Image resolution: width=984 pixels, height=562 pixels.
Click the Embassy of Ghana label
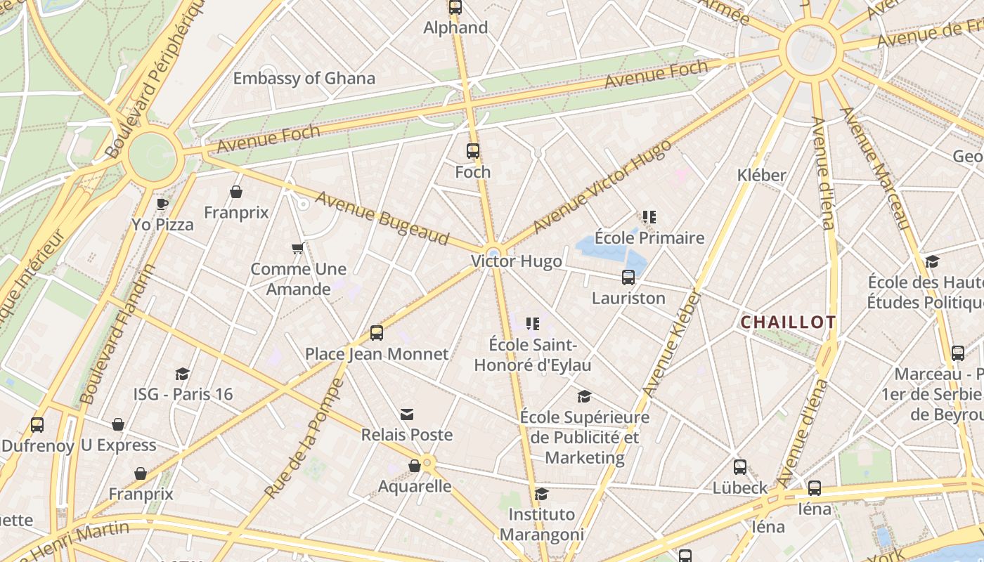[304, 78]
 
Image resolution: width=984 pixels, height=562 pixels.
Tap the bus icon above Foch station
[473, 151]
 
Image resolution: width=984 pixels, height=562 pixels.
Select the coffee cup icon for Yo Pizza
[162, 204]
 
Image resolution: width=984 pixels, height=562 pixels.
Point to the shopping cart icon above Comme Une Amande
[298, 249]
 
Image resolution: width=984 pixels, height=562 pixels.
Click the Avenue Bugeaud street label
[382, 218]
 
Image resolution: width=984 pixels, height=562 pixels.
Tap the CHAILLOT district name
[789, 322]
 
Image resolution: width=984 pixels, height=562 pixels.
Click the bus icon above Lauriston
[628, 277]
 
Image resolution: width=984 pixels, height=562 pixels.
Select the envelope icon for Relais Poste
[407, 414]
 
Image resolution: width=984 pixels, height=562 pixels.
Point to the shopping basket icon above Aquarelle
[415, 466]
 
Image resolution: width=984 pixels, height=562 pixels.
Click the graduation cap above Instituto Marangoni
[541, 494]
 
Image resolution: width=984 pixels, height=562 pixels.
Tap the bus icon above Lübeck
[740, 467]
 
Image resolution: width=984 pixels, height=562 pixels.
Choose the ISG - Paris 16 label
[183, 394]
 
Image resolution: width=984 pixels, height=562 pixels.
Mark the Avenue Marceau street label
[876, 168]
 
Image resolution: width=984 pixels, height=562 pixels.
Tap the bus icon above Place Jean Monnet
[377, 333]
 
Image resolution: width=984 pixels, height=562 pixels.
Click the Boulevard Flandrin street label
[118, 334]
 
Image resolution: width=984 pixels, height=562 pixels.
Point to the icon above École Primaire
[649, 217]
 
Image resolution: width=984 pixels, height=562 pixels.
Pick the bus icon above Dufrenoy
[37, 425]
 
